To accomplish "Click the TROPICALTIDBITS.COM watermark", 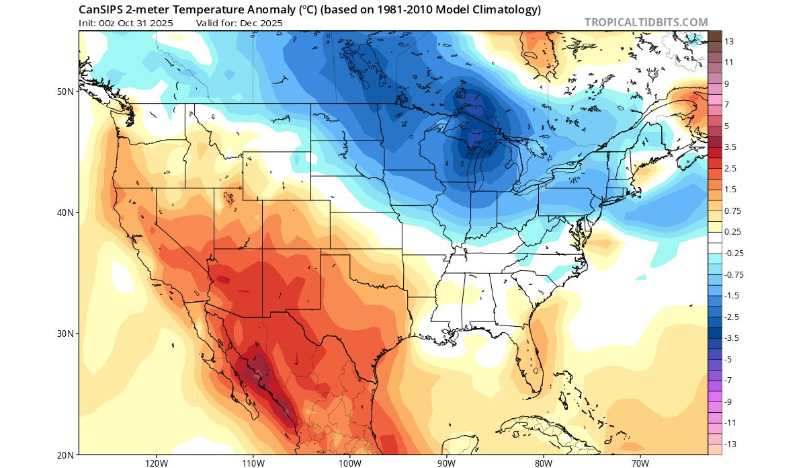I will click(646, 22).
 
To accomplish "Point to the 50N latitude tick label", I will click(66, 91).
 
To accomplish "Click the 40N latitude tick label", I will click(66, 212).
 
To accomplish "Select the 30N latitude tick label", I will click(66, 334).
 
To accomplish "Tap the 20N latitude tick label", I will click(66, 455).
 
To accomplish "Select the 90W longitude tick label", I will click(447, 463).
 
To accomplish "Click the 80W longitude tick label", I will click(544, 463).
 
